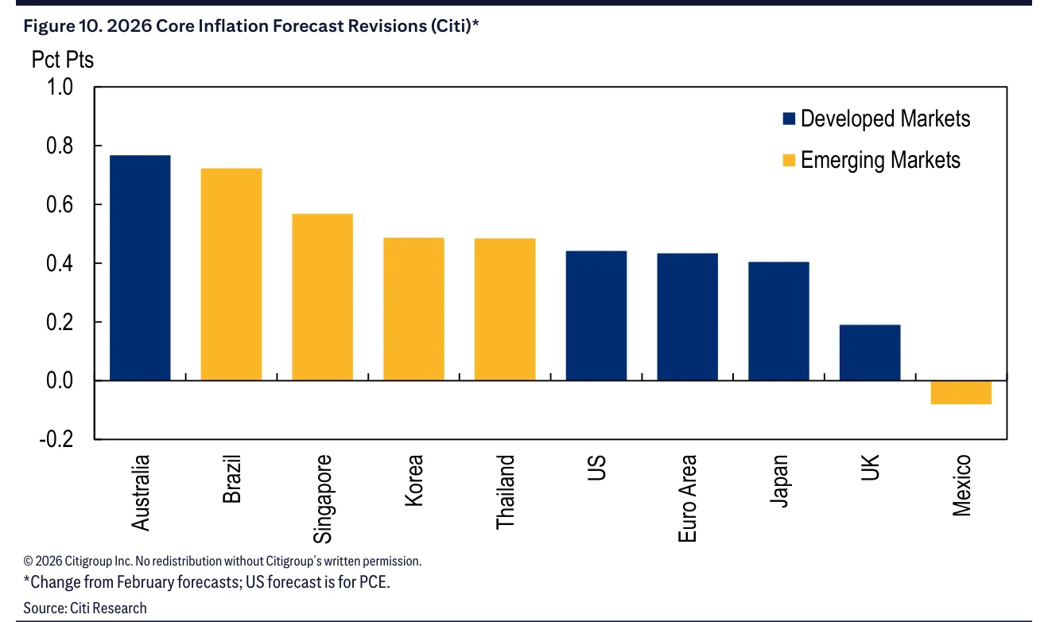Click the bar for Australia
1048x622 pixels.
point(140,268)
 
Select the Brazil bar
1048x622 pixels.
point(231,274)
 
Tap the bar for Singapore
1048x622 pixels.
point(322,297)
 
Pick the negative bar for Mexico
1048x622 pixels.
point(961,392)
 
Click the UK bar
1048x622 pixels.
point(870,352)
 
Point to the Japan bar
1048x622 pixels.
point(778,321)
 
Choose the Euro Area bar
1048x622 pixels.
point(687,317)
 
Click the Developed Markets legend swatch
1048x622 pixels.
point(789,119)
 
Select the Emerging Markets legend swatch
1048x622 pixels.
point(789,160)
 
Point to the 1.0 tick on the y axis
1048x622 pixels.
point(60,87)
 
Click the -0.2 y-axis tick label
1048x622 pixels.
point(56,439)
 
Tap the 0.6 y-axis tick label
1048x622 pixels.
point(60,204)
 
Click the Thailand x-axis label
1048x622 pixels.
point(505,492)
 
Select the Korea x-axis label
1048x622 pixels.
point(414,480)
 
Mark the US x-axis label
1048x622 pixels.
point(596,468)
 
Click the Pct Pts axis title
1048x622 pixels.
point(63,60)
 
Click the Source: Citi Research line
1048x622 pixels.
point(85,608)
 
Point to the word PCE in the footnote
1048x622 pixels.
point(374,581)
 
